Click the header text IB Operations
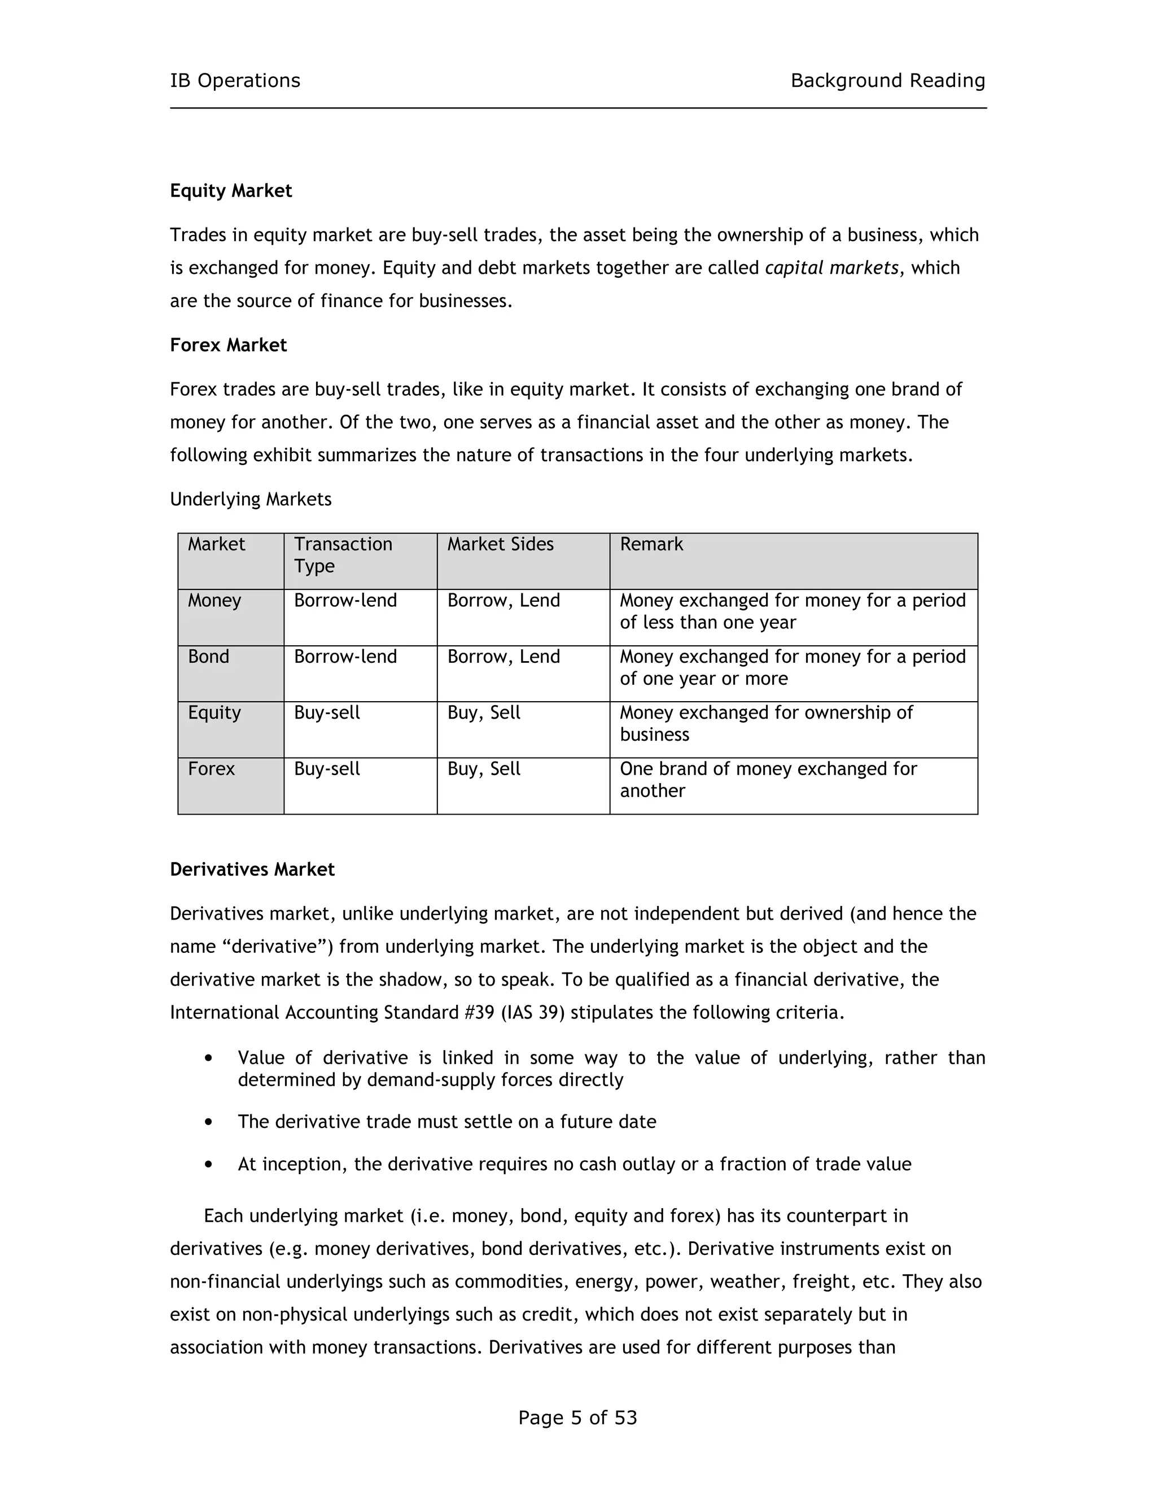click(x=235, y=81)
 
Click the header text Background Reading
click(x=887, y=81)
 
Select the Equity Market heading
click(x=231, y=191)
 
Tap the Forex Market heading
click(x=228, y=345)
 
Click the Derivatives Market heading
click(x=252, y=870)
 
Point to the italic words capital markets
click(x=831, y=268)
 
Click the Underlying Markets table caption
click(x=251, y=500)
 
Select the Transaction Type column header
click(x=343, y=555)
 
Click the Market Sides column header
click(x=500, y=545)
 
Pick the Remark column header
click(x=651, y=545)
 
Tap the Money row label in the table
click(x=214, y=601)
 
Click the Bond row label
click(x=208, y=657)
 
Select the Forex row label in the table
click(x=211, y=769)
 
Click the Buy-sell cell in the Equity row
click(x=327, y=713)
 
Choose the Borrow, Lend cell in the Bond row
click(x=503, y=657)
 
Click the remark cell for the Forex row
click(x=768, y=780)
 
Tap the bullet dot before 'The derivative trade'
click(x=209, y=1122)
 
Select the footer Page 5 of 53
click(x=577, y=1418)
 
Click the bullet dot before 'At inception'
click(x=209, y=1165)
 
